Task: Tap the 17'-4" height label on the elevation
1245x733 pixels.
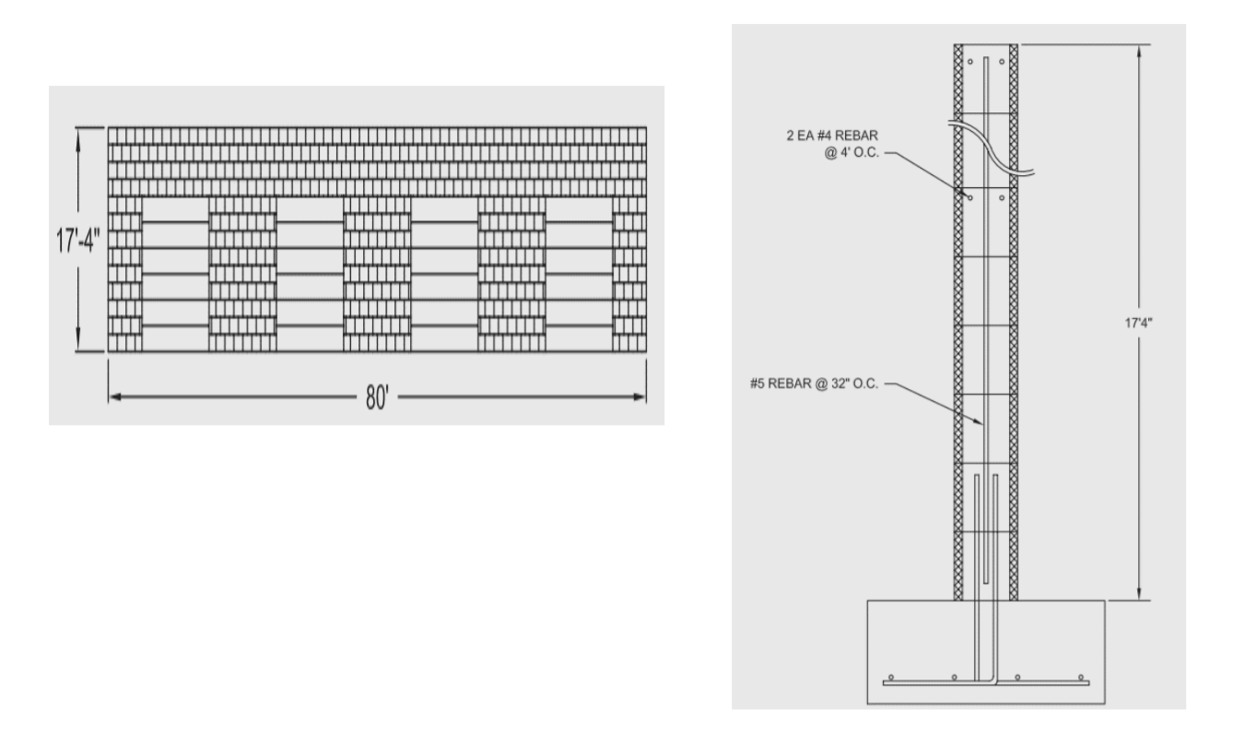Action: [x=78, y=239]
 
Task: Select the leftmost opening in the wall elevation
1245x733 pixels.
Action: [x=176, y=275]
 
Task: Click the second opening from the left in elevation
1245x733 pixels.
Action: [x=310, y=275]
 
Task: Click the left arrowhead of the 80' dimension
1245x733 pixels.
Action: [x=114, y=397]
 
